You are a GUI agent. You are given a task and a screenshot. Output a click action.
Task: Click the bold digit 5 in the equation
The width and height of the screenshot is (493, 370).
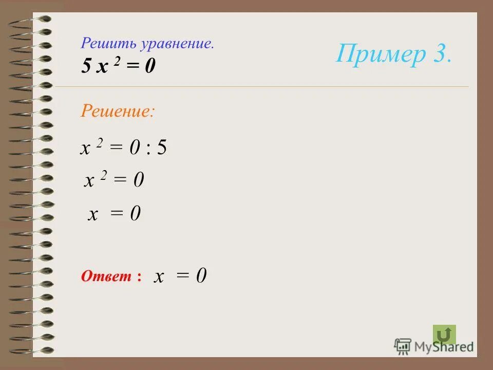pyautogui.click(x=86, y=66)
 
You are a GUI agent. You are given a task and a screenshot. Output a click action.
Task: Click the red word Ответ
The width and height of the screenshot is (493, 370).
pyautogui.click(x=107, y=276)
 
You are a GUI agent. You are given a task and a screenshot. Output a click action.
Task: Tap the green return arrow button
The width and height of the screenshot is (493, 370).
pyautogui.click(x=444, y=335)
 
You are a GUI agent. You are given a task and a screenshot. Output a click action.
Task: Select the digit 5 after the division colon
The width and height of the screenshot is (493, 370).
pyautogui.click(x=162, y=148)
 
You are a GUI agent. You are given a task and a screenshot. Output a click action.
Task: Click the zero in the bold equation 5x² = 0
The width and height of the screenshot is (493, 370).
pyautogui.click(x=149, y=67)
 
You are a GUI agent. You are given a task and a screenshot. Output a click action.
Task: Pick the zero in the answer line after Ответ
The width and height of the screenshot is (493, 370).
pyautogui.click(x=201, y=276)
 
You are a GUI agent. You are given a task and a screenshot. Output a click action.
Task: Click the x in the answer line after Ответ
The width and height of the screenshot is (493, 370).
pyautogui.click(x=160, y=277)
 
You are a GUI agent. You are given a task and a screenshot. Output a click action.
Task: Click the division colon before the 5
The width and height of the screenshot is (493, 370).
pyautogui.click(x=148, y=149)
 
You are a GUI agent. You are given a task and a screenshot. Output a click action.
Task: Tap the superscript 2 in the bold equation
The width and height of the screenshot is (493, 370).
pyautogui.click(x=118, y=62)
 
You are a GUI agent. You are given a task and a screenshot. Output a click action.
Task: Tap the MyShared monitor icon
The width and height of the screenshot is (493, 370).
pyautogui.click(x=403, y=345)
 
